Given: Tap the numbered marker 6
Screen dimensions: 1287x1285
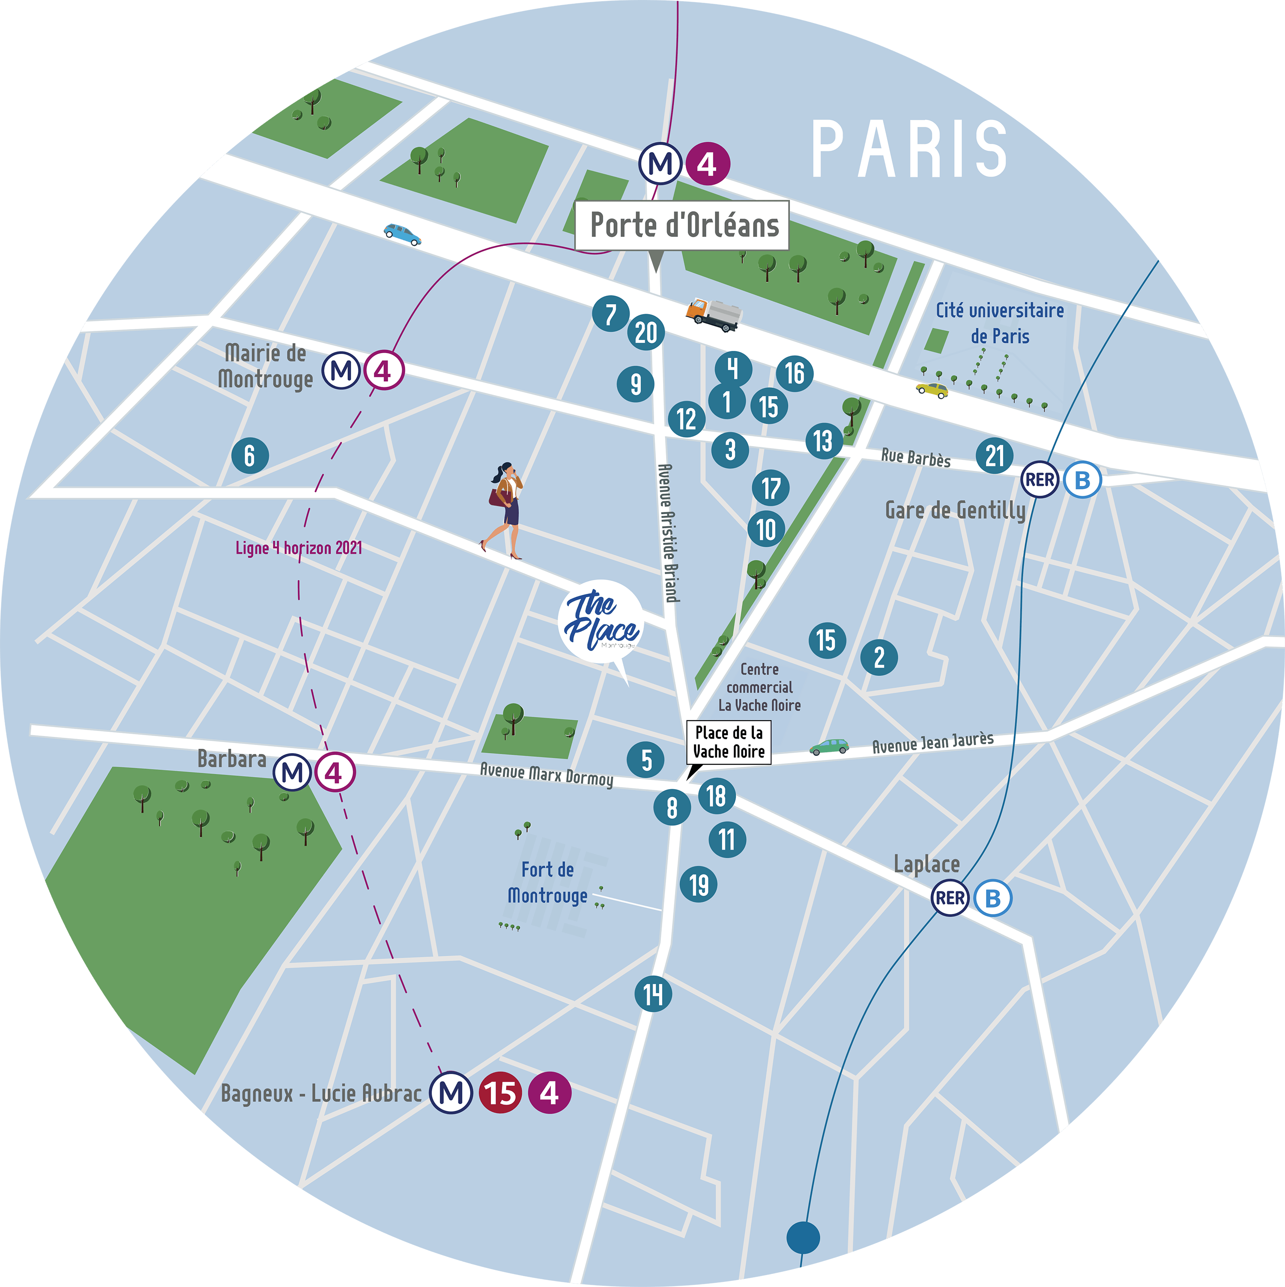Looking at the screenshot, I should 250,456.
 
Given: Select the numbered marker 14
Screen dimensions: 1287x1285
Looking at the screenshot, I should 653,994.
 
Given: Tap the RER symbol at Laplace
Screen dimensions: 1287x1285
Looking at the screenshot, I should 949,898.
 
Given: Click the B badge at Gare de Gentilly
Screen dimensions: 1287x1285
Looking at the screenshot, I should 1082,480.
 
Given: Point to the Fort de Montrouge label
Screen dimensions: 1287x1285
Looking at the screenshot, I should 547,883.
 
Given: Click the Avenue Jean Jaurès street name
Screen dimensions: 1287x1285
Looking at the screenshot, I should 932,742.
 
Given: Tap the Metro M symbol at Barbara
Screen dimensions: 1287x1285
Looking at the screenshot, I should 293,773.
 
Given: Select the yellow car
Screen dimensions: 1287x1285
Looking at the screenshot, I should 931,390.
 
